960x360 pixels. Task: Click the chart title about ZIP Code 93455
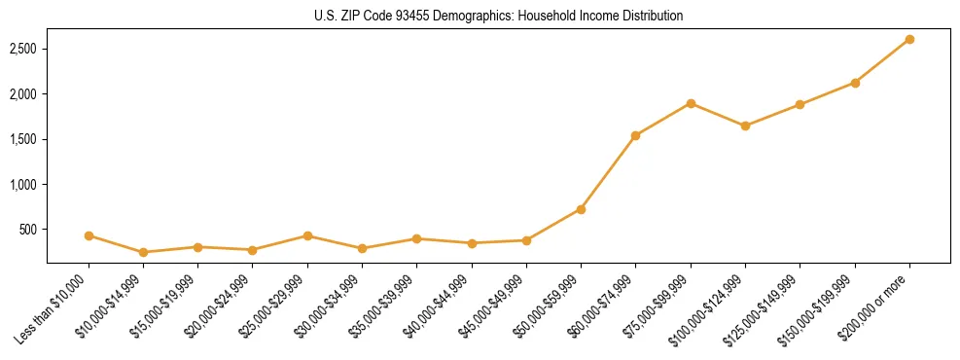pos(498,17)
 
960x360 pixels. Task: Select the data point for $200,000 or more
pos(909,40)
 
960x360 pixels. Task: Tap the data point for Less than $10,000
pos(89,235)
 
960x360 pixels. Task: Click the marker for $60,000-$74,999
pos(635,135)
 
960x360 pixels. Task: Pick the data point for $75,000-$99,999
pos(691,103)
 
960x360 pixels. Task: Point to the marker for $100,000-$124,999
pos(745,126)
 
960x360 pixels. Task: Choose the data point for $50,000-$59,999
pos(581,209)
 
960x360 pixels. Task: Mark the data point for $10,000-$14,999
pos(143,252)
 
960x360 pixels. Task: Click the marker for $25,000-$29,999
pos(307,235)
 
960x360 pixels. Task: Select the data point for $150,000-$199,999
pos(855,83)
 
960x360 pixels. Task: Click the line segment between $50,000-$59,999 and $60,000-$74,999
pos(608,172)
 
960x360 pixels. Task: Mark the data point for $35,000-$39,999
pos(416,238)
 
